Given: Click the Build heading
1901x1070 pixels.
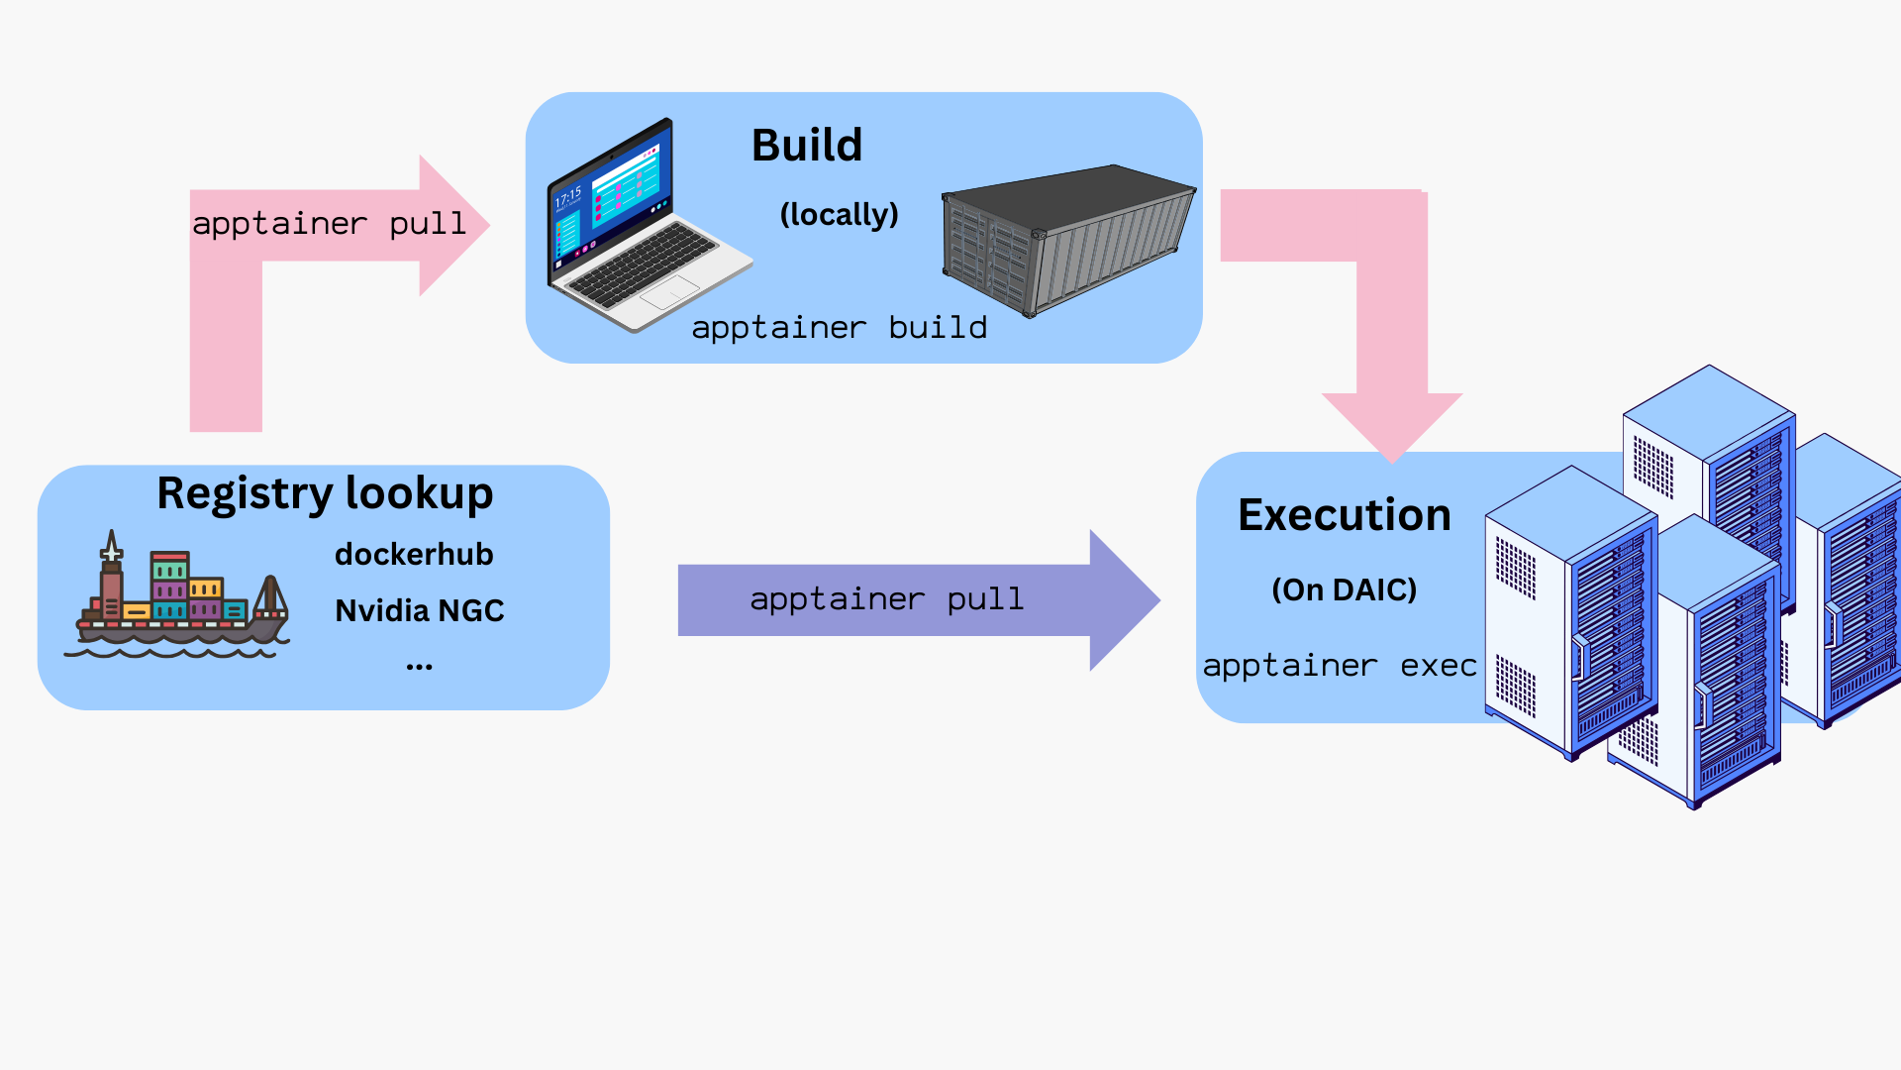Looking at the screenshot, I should pos(807,146).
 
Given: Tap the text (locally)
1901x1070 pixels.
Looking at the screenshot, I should pos(839,214).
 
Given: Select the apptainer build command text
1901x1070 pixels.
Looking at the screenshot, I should pos(839,328).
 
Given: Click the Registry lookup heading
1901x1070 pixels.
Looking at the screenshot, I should pos(325,493).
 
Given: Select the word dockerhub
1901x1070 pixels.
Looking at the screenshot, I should pos(414,554).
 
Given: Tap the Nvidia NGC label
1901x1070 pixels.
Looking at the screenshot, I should pos(419,610).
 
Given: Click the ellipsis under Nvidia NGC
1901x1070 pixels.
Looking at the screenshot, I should pos(419,667).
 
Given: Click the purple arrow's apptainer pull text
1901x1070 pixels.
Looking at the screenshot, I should pos(886,599).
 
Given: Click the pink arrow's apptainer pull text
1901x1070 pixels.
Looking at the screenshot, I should pos(329,224).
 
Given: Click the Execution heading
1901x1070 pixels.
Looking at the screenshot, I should pos(1344,515).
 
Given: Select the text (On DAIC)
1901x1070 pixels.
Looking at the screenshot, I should pos(1344,589).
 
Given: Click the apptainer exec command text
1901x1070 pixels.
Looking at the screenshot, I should pos(1339,666).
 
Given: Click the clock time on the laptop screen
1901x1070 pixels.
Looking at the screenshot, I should pos(568,197).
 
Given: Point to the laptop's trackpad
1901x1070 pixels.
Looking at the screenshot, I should pos(671,291).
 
